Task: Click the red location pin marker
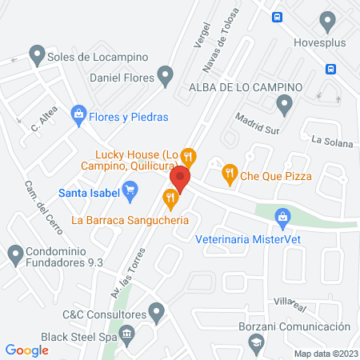(180, 179)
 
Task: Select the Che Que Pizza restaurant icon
(229, 171)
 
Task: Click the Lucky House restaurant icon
(188, 155)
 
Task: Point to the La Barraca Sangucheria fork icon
(170, 198)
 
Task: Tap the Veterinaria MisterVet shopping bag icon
(282, 217)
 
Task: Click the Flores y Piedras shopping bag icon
(78, 116)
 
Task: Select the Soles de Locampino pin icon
(36, 54)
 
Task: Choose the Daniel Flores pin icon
(166, 77)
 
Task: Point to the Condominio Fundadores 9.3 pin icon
(14, 255)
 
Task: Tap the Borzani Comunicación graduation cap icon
(256, 342)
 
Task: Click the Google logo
(26, 350)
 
